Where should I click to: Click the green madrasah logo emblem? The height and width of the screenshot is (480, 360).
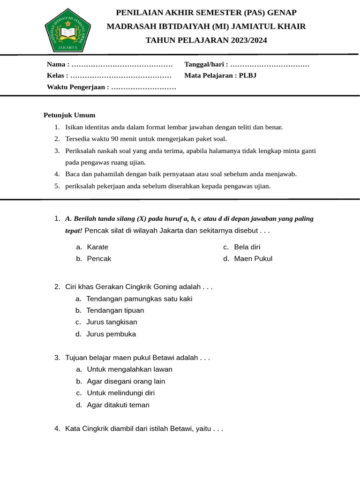click(68, 30)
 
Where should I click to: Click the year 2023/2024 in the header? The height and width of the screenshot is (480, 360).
click(248, 40)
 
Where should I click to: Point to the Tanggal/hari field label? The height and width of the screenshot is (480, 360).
click(205, 64)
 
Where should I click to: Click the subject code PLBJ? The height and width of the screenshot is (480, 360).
click(247, 75)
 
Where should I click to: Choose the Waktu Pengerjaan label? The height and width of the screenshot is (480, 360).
click(77, 87)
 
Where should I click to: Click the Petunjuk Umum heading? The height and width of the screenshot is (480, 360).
click(69, 115)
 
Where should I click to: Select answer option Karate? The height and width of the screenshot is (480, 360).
click(97, 247)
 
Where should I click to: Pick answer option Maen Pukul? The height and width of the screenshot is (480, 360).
click(253, 259)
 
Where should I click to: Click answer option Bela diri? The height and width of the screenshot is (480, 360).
click(247, 247)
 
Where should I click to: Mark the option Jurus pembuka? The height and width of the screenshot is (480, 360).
click(111, 334)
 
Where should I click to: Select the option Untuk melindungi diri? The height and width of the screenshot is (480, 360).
click(121, 393)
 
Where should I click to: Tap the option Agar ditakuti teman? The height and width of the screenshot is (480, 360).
click(118, 405)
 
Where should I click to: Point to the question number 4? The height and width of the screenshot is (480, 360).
click(57, 428)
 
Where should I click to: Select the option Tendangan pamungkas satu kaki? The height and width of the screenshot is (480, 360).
click(139, 299)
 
